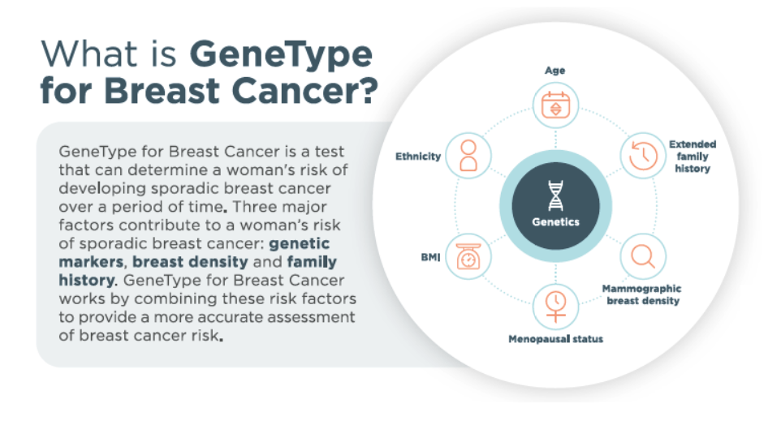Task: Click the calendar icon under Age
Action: point(555,105)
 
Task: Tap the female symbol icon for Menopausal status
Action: point(555,305)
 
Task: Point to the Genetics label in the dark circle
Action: point(555,221)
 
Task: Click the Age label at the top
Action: point(555,71)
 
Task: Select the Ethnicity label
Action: point(418,156)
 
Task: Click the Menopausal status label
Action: point(555,339)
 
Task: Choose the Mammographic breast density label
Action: point(641,294)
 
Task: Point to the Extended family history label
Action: point(692,157)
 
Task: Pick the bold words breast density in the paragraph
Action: point(188,263)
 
